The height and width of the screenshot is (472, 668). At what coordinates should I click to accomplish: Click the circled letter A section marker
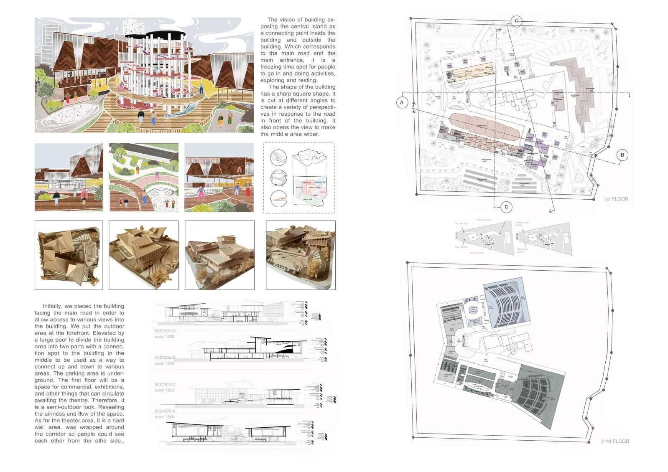click(402, 102)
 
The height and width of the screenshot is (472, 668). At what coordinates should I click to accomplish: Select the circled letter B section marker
click(622, 155)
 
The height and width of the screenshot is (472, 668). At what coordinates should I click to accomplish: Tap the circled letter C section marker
click(516, 21)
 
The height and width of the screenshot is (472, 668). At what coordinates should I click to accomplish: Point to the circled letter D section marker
click(506, 207)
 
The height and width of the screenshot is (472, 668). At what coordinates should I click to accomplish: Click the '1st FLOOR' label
click(615, 199)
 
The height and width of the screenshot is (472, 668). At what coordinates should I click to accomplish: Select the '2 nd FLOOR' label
click(614, 441)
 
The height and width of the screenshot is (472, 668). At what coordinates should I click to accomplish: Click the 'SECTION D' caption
click(165, 331)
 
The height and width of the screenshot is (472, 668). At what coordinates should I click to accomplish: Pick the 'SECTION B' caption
click(165, 358)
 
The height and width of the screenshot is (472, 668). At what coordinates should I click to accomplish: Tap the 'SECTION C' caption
click(165, 384)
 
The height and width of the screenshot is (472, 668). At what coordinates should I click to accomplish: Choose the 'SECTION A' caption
click(165, 411)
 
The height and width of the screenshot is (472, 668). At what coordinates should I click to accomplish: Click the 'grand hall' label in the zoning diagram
click(309, 200)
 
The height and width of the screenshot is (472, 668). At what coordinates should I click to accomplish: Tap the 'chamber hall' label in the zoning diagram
click(320, 182)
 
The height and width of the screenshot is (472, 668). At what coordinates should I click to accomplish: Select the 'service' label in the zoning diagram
click(298, 187)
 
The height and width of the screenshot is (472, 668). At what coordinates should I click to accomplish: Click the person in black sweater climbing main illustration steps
click(141, 117)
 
